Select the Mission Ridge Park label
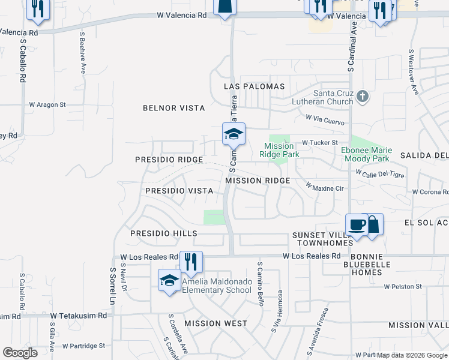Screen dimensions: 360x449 click(279, 150)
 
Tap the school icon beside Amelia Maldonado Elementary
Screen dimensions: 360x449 click(169, 280)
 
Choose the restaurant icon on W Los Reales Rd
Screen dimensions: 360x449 click(191, 261)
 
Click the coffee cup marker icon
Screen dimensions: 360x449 click(357, 224)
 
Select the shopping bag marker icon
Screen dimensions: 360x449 click(373, 224)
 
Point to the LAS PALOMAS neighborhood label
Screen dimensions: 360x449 click(254, 86)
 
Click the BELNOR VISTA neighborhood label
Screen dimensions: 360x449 click(173, 108)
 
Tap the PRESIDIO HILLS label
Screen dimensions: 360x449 click(164, 233)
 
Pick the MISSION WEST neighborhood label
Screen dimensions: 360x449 click(215, 323)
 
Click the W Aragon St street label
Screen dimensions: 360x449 click(47, 104)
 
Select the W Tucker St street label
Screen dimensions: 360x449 click(320, 142)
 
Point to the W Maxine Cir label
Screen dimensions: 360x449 click(324, 188)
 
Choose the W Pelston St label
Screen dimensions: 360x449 click(403, 287)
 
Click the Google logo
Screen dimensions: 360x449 click(20, 352)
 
